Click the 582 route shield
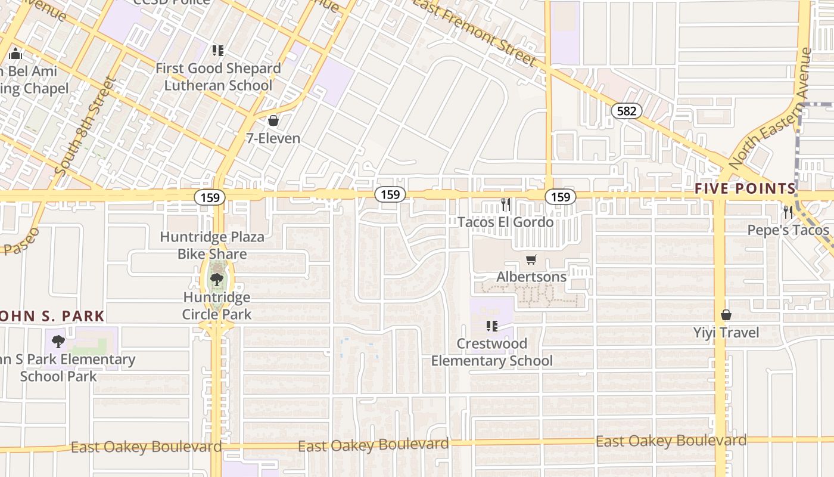pos(626,110)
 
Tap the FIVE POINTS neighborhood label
pos(745,189)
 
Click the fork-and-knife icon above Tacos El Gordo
pos(505,205)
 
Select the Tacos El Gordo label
pos(505,222)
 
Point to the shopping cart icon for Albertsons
pos(531,260)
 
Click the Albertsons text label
pos(531,277)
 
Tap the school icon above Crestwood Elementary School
pos(491,326)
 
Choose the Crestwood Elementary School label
pos(491,352)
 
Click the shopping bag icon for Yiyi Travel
pos(726,315)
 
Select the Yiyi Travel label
pos(726,332)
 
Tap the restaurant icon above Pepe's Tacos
pos(788,211)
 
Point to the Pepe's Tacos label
pos(788,230)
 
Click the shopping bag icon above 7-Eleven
pos(273,121)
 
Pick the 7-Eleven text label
pos(273,138)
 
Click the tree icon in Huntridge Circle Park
pos(217,279)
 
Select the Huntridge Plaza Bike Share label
pos(212,246)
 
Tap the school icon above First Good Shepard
pos(217,51)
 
